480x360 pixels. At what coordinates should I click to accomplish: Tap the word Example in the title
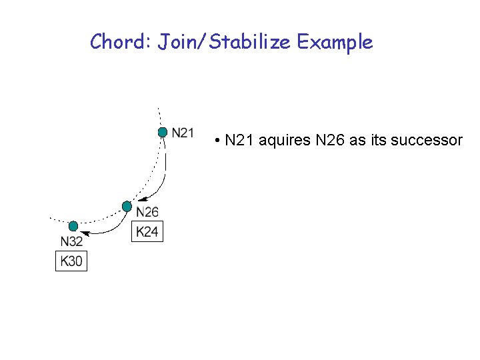[x=335, y=43]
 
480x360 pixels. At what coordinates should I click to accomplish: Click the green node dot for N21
[x=162, y=133]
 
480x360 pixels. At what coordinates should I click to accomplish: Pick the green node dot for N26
[x=127, y=207]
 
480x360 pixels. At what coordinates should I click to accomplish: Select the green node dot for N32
[x=73, y=226]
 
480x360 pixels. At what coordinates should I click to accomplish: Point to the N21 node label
[x=183, y=133]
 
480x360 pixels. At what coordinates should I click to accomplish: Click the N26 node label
[x=147, y=212]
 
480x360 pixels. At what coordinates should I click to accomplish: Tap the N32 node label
[x=71, y=241]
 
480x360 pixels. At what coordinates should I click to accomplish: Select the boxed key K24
[x=147, y=231]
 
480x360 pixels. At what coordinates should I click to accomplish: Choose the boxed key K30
[x=71, y=261]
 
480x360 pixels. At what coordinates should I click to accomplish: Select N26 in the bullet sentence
[x=330, y=141]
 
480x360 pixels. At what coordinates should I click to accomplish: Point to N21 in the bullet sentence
[x=240, y=141]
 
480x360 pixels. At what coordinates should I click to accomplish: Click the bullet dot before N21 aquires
[x=218, y=141]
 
